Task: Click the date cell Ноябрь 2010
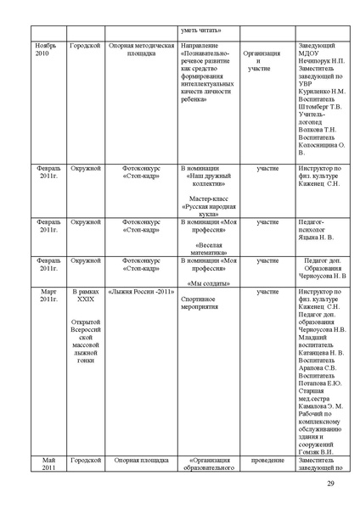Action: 48,49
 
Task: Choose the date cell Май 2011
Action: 48,464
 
